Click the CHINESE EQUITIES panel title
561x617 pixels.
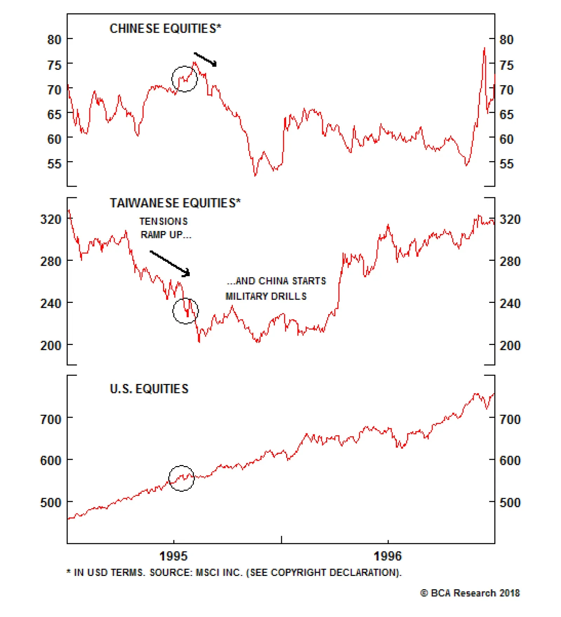(x=165, y=28)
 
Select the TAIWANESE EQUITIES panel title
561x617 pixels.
(x=175, y=203)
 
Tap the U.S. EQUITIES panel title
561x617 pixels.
(x=149, y=389)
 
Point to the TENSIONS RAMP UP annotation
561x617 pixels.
(x=165, y=228)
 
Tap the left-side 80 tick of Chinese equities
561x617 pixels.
(x=54, y=40)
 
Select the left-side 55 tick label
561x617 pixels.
(x=54, y=164)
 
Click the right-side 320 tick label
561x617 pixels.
(x=510, y=219)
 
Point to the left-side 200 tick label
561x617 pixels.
(x=51, y=345)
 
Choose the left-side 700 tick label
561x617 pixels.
(x=51, y=419)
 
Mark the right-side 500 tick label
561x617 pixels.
(x=510, y=502)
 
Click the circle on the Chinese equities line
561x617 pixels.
(x=184, y=79)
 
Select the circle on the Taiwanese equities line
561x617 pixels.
(x=185, y=311)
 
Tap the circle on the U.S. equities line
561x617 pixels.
(x=182, y=478)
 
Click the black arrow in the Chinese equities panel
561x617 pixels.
(x=205, y=59)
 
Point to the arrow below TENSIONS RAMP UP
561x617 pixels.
(x=170, y=263)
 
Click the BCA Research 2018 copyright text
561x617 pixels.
(x=470, y=593)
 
